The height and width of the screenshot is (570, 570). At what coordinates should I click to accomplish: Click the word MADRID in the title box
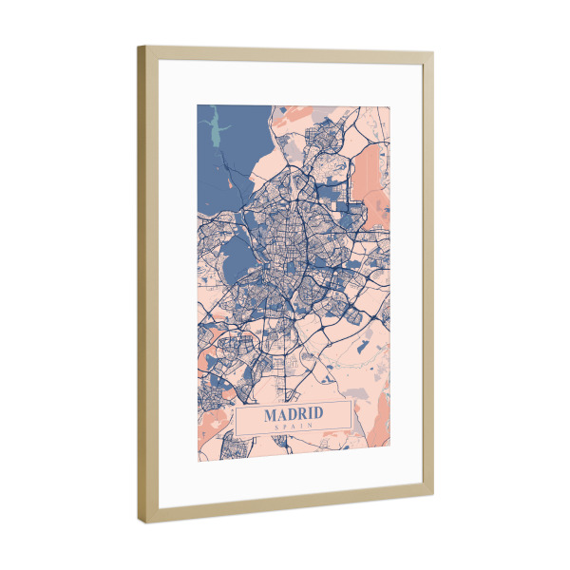pyautogui.click(x=294, y=414)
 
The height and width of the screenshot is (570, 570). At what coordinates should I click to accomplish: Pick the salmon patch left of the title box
pyautogui.click(x=211, y=360)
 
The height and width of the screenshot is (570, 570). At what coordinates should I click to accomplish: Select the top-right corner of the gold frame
pyautogui.click(x=433, y=52)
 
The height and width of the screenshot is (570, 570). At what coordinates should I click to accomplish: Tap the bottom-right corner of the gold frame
pyautogui.click(x=433, y=494)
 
